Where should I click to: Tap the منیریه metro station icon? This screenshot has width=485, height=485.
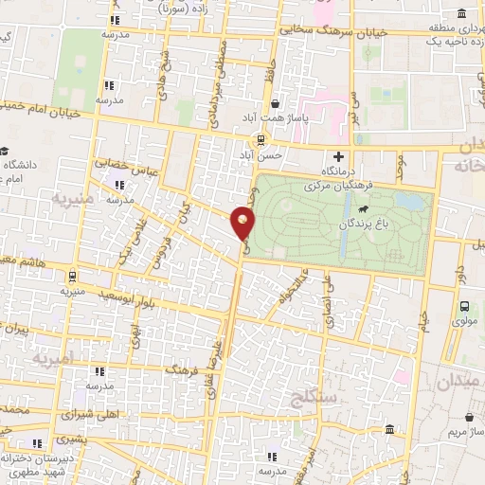coord(72,277)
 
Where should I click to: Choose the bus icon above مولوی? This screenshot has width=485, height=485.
coord(464,306)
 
